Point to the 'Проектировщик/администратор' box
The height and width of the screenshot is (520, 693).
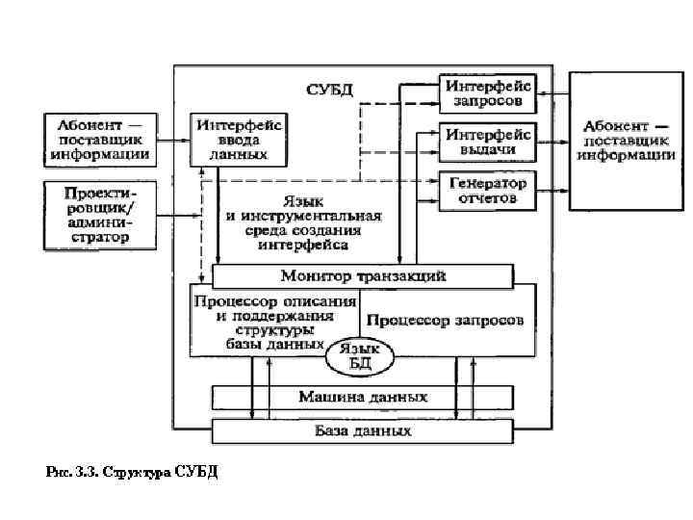click(x=100, y=215)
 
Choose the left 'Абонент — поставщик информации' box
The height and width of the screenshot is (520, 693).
click(x=100, y=140)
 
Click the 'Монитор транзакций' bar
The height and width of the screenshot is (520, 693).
click(x=363, y=275)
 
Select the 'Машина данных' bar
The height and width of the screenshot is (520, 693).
click(x=363, y=397)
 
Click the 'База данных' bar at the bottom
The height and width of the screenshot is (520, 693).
click(x=363, y=430)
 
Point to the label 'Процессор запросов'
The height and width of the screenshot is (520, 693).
click(x=445, y=320)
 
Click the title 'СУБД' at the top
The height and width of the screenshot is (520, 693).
click(x=330, y=90)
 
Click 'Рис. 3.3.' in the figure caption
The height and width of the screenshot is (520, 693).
click(x=72, y=472)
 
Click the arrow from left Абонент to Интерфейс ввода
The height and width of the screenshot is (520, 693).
click(x=173, y=141)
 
